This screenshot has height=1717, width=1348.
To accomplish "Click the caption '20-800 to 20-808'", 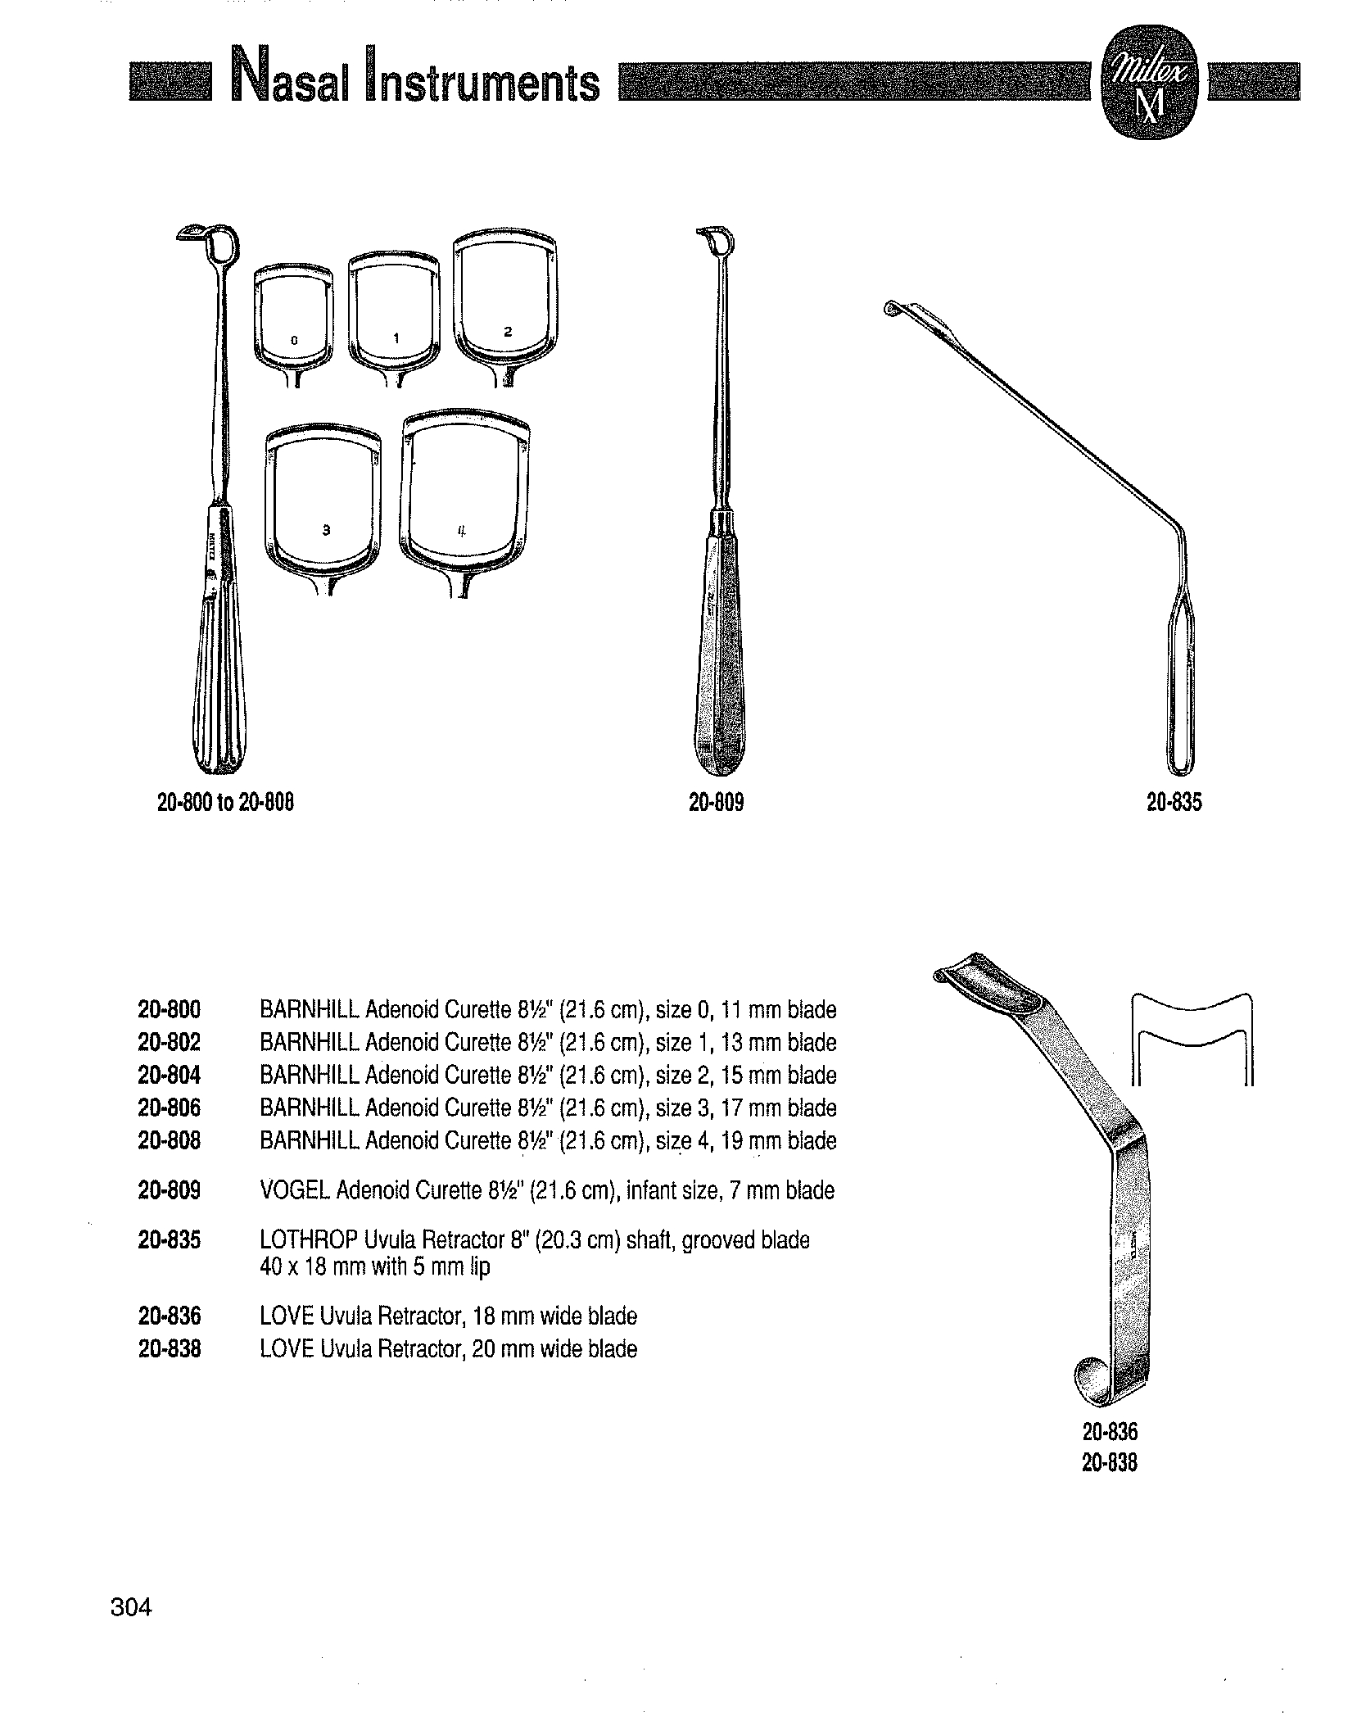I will [225, 803].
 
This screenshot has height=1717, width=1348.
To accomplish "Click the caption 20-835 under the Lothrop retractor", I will [1174, 803].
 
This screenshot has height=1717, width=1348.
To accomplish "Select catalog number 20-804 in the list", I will [170, 1075].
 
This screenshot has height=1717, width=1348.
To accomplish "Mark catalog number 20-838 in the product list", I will [170, 1348].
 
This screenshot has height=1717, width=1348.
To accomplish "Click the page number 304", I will [131, 1607].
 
